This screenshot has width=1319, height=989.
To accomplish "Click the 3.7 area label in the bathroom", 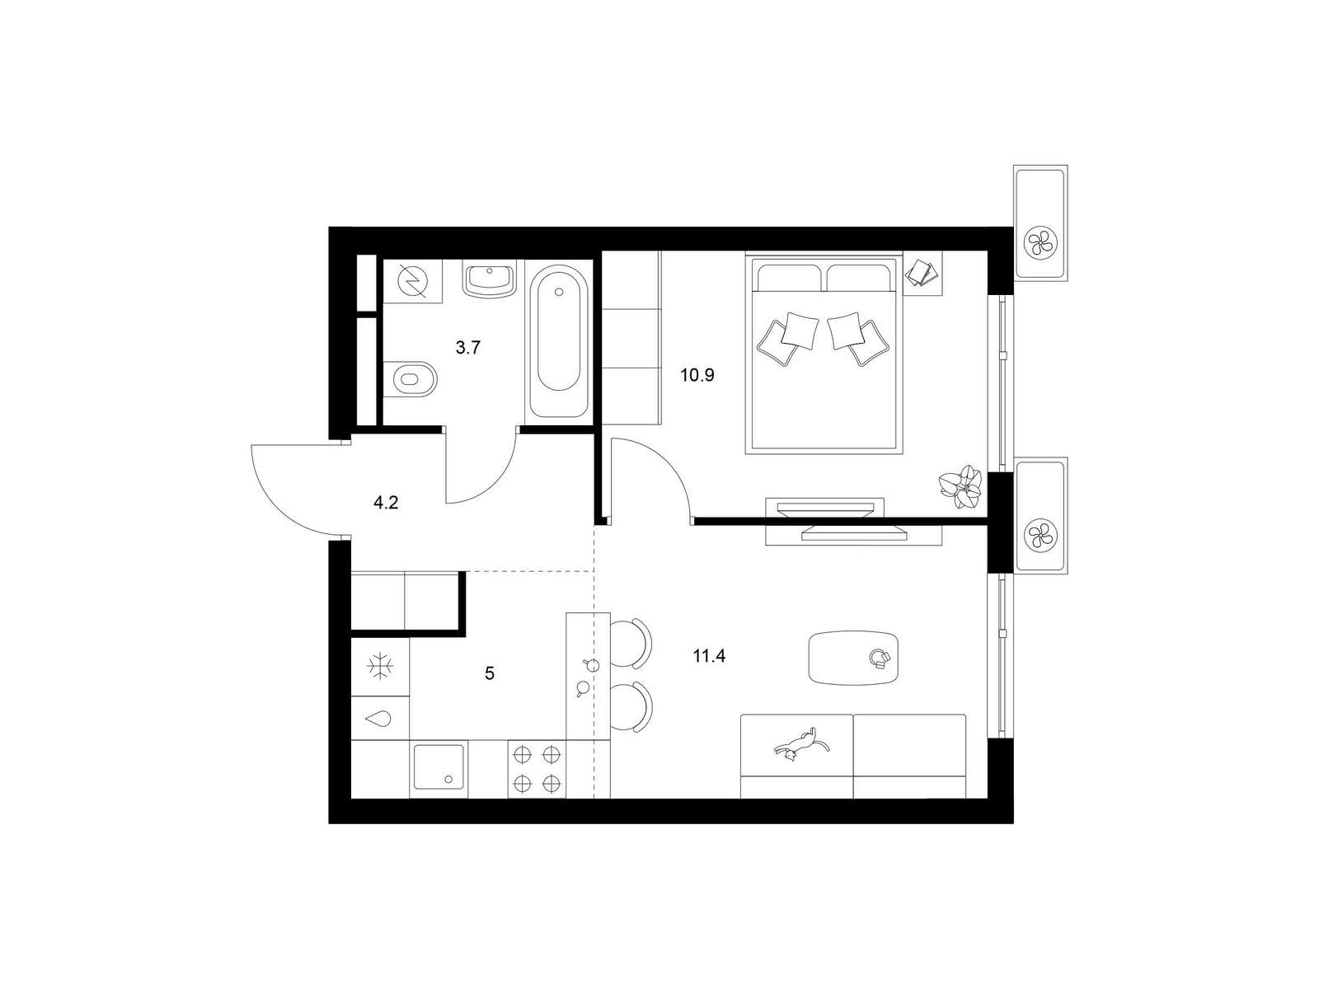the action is click(x=467, y=347).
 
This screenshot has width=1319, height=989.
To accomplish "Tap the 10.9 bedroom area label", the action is click(x=697, y=375).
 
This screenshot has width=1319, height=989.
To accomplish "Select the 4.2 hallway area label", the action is click(x=385, y=503).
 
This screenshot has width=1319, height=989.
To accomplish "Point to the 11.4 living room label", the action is click(x=709, y=656).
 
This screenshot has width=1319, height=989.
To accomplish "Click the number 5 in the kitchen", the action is click(x=489, y=673).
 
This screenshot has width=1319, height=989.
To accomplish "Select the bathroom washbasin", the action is click(x=489, y=279).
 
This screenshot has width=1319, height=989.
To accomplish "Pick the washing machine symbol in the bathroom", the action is click(x=413, y=280).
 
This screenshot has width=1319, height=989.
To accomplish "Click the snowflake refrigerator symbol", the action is click(x=380, y=667).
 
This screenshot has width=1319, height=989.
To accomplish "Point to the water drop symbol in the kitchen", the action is click(x=379, y=718).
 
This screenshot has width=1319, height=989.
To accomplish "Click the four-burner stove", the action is click(x=537, y=769).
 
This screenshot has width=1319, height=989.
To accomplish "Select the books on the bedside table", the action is click(x=921, y=273).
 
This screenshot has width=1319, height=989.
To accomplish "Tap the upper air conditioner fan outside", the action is click(x=1040, y=242).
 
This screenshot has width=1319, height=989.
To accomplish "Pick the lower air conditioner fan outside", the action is click(x=1040, y=533).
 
